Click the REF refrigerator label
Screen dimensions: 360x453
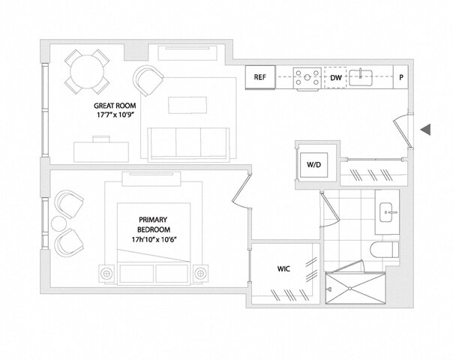pos(260,77)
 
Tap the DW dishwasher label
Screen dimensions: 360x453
pos(335,77)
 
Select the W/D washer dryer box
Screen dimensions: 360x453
pos(313,164)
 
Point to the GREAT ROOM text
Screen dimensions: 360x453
pos(114,106)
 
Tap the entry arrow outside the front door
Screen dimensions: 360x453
pos(425,130)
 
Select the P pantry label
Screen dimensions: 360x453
pos(401,77)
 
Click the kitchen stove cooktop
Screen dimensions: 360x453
pos(306,77)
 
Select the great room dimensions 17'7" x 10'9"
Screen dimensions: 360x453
pos(114,117)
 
